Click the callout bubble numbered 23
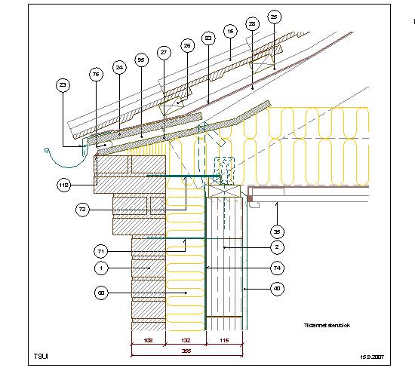click(63, 87)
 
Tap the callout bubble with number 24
click(118, 66)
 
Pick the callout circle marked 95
click(141, 59)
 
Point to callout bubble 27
click(163, 52)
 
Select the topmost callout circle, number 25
click(274, 16)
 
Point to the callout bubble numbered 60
click(100, 291)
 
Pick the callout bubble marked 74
click(277, 268)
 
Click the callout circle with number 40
click(277, 287)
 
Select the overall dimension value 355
click(185, 350)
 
